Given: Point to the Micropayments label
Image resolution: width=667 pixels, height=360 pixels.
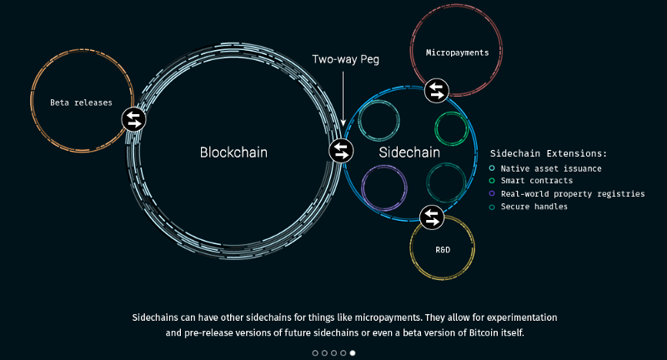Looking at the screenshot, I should point(457,52).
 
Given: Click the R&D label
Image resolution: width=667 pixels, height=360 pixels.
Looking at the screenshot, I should point(443,250).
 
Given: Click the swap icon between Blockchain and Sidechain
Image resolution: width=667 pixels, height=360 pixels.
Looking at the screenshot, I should point(341,151).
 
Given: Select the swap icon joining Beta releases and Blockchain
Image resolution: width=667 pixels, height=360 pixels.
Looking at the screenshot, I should point(134,119).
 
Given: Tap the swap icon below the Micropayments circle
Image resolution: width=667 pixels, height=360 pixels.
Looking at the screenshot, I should point(436,90).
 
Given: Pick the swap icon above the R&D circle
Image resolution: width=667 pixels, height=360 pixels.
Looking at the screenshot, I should point(431,217).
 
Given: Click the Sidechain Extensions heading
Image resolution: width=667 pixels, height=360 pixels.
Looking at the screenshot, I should point(548,153).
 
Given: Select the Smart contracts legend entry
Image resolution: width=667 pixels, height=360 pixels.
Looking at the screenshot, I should point(536,181).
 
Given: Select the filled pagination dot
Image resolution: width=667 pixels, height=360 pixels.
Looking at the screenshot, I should point(352,353).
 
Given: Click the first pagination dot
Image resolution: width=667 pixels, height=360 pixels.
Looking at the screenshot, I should point(315,353).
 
